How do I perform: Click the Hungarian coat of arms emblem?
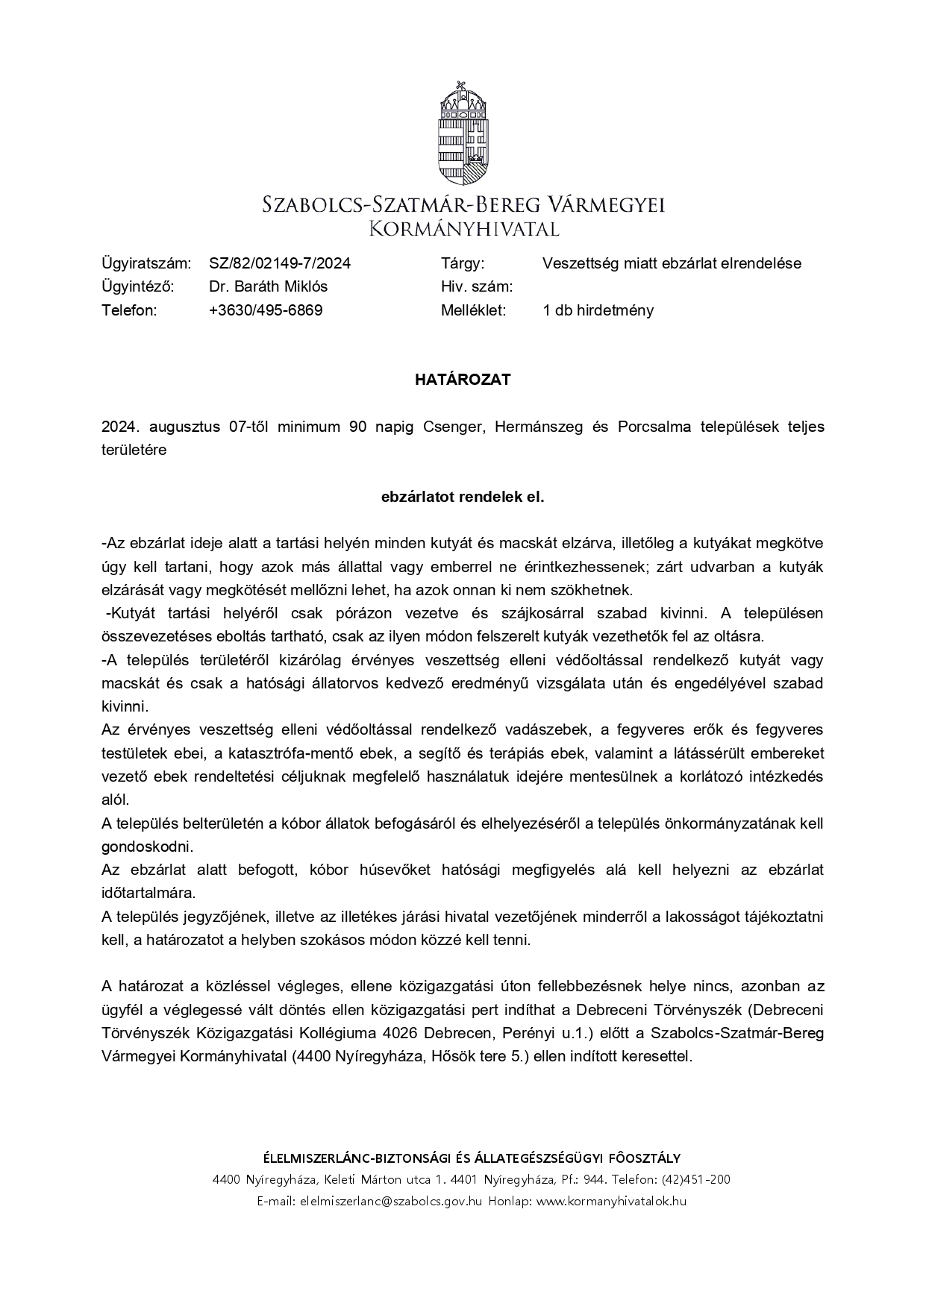pos(463,134)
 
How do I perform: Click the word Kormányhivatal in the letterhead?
pos(463,227)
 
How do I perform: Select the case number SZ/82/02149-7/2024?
pos(280,263)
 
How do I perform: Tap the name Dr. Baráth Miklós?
pos(268,286)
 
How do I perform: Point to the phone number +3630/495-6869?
pos(266,310)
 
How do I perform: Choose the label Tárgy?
pos(463,263)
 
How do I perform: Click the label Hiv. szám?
pos(476,286)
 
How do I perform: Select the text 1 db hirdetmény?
pos(598,310)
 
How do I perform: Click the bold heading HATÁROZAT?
pos(463,380)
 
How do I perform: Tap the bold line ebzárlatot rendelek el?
pos(463,497)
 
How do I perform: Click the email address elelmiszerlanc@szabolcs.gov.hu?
pos(391,1201)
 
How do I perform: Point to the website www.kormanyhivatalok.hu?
pos(611,1201)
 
